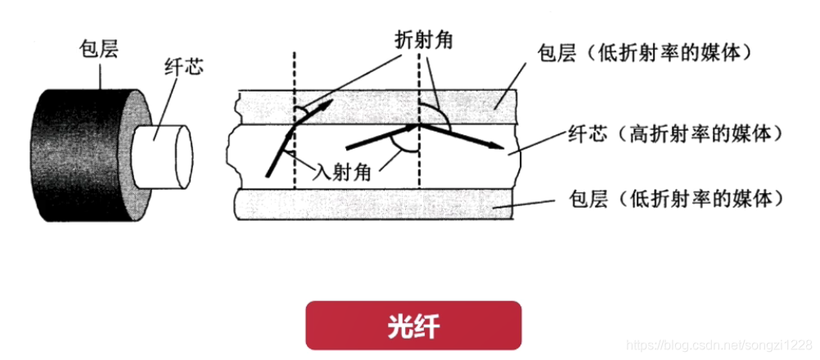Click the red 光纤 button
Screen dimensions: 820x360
[x=413, y=326]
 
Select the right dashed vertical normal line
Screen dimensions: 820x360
[x=419, y=172]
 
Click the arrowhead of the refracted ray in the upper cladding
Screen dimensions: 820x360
[x=327, y=105]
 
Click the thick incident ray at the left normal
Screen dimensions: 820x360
[x=278, y=151]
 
